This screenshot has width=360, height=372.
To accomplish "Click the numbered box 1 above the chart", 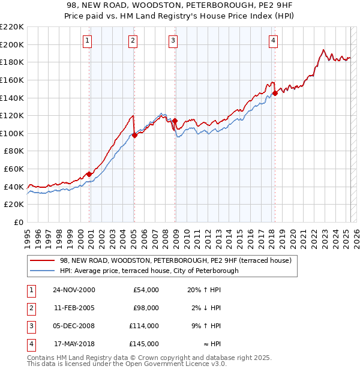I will click(88, 41).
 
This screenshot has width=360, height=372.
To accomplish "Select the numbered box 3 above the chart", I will click(173, 41).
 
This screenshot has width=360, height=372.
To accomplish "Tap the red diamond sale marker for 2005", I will click(134, 135).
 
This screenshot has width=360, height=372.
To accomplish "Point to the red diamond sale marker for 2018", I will click(275, 93).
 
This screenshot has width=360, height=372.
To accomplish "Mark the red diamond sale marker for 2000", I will click(89, 174).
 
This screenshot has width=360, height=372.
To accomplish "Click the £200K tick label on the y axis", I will click(12, 44).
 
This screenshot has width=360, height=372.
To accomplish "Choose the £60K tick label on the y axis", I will click(14, 169).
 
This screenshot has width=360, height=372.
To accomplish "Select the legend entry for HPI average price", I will click(149, 271).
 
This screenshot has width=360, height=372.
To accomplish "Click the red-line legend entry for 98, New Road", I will click(175, 260).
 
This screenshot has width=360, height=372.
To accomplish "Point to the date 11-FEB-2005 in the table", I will click(74, 308).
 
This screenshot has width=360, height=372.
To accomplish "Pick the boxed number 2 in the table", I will click(30, 308).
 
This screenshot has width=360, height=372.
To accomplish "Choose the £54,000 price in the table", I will click(146, 290).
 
